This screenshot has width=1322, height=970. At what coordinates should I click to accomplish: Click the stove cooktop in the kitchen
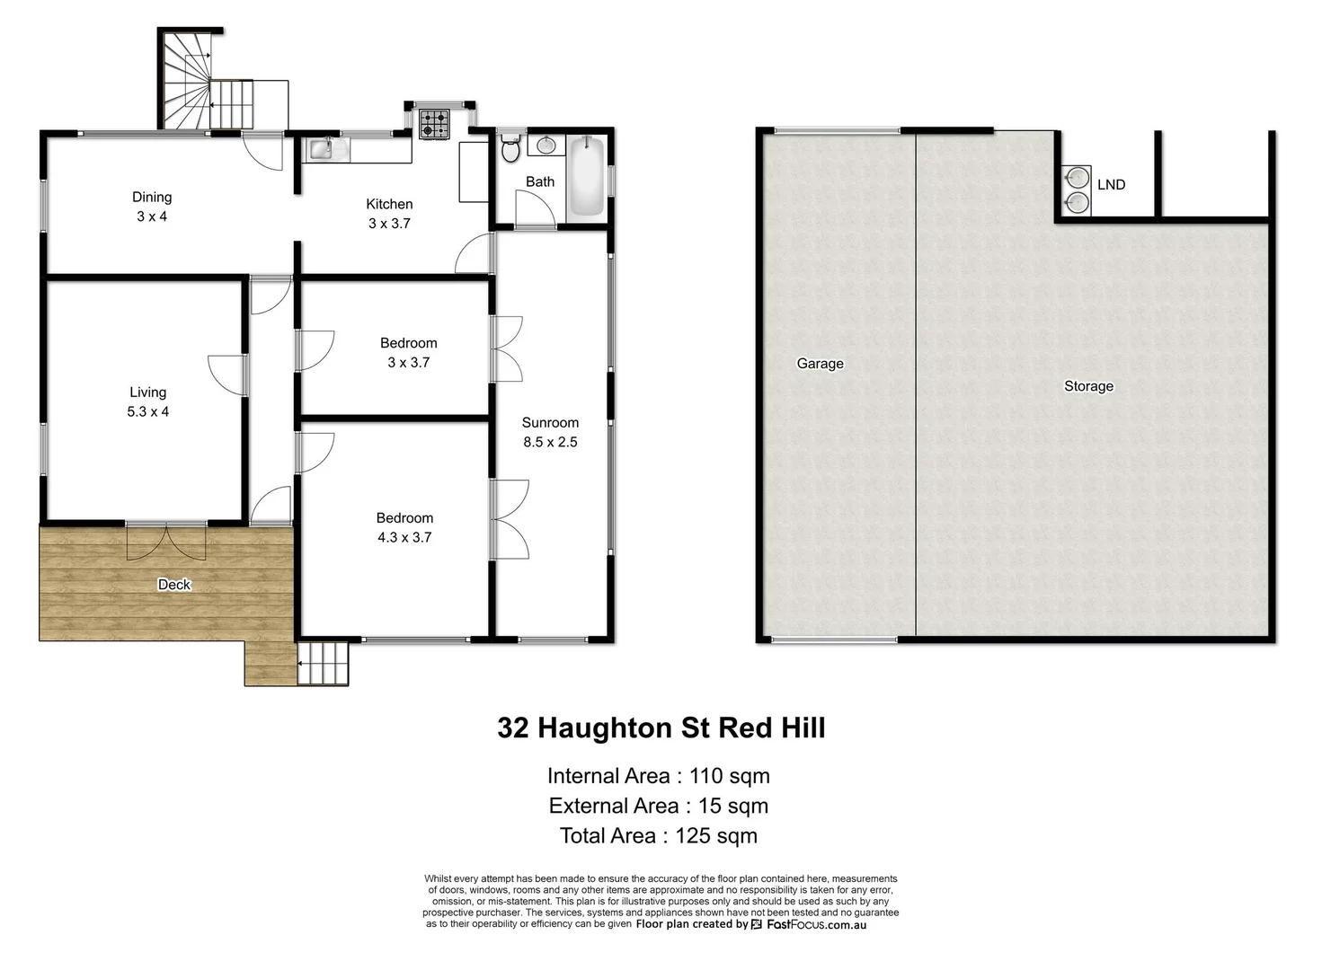pyautogui.click(x=434, y=124)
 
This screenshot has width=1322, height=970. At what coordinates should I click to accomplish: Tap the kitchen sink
pyautogui.click(x=321, y=149)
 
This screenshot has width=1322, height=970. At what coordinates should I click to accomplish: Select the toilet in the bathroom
pyautogui.click(x=510, y=149)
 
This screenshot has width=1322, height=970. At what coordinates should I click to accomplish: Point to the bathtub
pyautogui.click(x=587, y=175)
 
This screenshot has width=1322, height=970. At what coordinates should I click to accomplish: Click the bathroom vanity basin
pyautogui.click(x=546, y=145)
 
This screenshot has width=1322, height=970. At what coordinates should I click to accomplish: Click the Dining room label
pyautogui.click(x=152, y=198)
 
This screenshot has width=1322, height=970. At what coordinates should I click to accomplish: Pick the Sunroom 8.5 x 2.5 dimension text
pyautogui.click(x=550, y=442)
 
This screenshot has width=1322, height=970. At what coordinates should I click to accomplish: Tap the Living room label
pyautogui.click(x=147, y=392)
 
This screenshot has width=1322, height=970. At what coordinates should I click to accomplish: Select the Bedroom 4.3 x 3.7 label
pyautogui.click(x=404, y=528)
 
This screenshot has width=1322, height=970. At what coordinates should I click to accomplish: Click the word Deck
pyautogui.click(x=174, y=585)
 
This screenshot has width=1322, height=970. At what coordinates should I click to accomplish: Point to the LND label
pyautogui.click(x=1111, y=184)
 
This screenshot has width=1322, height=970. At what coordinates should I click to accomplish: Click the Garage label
pyautogui.click(x=820, y=364)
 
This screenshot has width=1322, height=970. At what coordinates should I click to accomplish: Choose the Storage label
pyautogui.click(x=1088, y=386)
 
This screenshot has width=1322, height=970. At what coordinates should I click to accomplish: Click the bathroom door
pyautogui.click(x=534, y=210)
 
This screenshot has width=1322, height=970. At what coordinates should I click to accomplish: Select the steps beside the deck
pyautogui.click(x=323, y=664)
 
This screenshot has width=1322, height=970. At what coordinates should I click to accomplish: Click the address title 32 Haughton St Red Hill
pyautogui.click(x=661, y=727)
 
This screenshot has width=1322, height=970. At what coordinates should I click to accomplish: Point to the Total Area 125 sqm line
pyautogui.click(x=658, y=836)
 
